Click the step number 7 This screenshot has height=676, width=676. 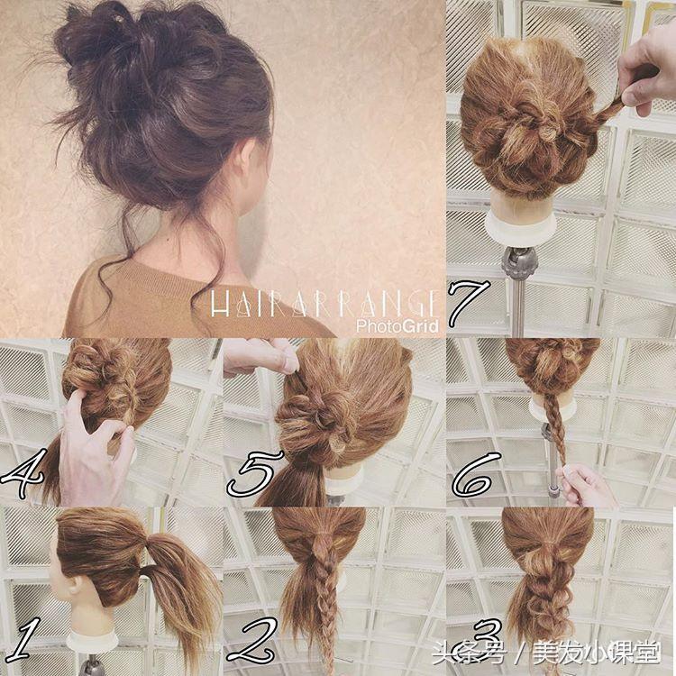click(x=470, y=303)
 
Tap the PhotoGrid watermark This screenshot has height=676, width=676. click(x=397, y=326)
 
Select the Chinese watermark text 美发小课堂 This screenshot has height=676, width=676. click(x=597, y=653)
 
